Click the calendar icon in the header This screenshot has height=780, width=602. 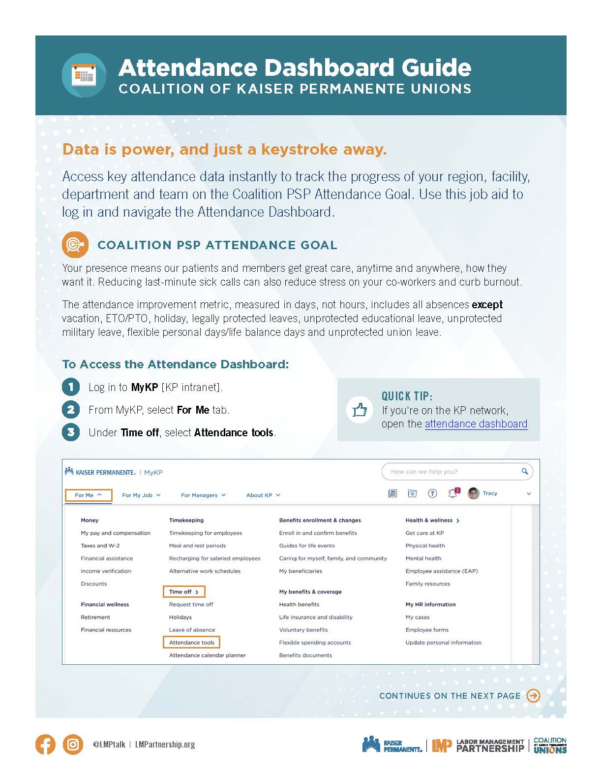coord(84,75)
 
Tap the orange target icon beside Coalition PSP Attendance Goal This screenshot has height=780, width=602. coord(75,245)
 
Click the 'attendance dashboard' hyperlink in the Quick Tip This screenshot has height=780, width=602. coord(476,424)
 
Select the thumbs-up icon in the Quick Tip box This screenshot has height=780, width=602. coord(360,410)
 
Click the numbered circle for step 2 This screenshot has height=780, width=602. coord(71,410)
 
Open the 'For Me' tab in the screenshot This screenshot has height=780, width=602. coord(89,495)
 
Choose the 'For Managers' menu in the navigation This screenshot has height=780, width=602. coord(203,495)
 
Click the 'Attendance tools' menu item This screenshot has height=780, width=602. coord(192,643)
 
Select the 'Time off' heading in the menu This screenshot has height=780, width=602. coord(183,592)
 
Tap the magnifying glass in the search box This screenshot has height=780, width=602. coord(525,471)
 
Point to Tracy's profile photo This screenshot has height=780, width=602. coord(473,493)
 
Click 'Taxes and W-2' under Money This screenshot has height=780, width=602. coord(100,546)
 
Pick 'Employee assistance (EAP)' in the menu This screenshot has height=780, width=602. coord(441,571)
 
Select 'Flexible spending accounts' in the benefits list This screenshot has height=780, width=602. coord(315,643)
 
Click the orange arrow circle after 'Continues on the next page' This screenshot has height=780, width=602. coord(533,696)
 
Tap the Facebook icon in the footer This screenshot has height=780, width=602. coord(45,745)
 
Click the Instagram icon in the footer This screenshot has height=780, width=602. coord(73,745)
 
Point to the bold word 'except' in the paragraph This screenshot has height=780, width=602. coord(487,305)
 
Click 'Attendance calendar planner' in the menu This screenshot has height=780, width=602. coord(207,655)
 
